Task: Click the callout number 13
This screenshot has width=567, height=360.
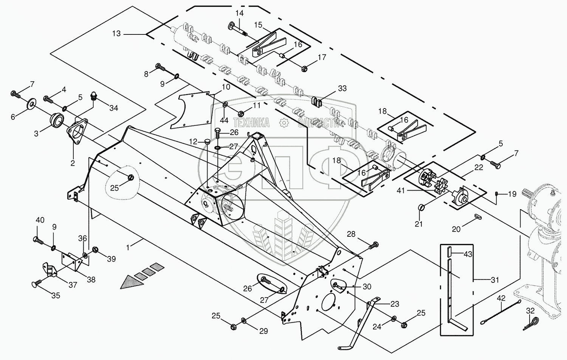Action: pos(116,34)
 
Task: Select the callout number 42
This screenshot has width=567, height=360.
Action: pos(501,298)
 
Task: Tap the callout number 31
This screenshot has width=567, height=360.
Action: pos(495,280)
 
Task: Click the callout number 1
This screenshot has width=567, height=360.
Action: pos(128,247)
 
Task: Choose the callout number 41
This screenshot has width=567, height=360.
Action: pos(401,191)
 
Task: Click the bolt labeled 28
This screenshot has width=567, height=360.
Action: pos(373,245)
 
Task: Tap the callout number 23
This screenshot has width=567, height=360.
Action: pos(395,304)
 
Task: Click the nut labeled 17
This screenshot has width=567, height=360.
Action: pos(304,68)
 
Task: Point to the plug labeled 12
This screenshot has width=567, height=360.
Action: pos(207,141)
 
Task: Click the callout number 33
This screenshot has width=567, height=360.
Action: pos(342,88)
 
